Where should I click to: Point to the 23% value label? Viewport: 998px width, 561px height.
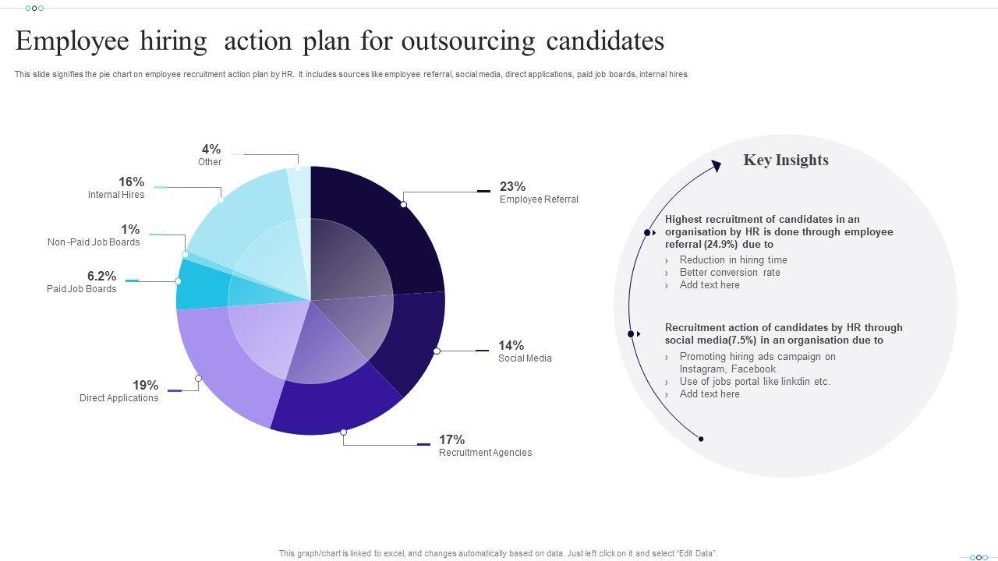coord(512,187)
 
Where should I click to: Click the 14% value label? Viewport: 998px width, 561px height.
coord(511,346)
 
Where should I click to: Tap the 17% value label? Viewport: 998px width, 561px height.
coord(451,440)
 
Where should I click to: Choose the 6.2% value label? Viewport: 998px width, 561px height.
coord(101,277)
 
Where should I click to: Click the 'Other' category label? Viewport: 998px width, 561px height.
coord(210,162)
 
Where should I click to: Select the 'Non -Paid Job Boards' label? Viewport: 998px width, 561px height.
coord(94,242)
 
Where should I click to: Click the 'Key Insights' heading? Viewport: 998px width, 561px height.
coord(786,161)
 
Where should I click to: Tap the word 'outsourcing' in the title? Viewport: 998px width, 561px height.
coord(469,41)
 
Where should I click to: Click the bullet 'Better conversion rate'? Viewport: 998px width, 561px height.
coord(730,273)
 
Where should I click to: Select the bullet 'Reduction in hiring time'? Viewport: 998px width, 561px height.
coord(733,260)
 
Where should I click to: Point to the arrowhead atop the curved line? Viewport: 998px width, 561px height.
coord(717,165)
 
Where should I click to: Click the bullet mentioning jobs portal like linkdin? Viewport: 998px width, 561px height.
coord(755,382)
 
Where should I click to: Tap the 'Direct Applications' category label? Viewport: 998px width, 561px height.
coord(119,398)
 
